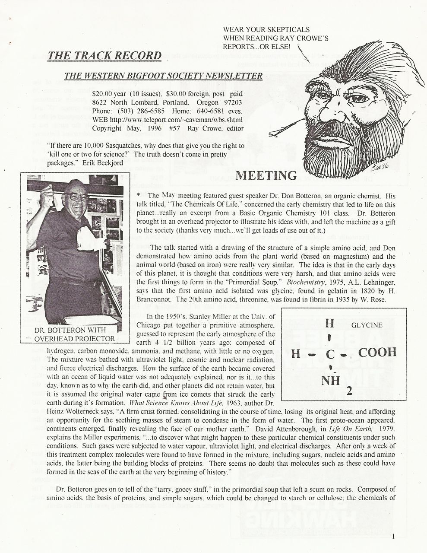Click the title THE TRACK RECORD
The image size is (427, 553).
pos(104,56)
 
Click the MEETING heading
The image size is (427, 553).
pos(267,175)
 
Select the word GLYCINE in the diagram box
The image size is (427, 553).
pos(367,325)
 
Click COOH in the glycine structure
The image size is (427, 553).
pos(377,353)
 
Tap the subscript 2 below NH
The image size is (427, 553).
pos(349,391)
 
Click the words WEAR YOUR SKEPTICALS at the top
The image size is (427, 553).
pos(266,30)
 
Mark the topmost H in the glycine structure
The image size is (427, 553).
pos(329,323)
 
